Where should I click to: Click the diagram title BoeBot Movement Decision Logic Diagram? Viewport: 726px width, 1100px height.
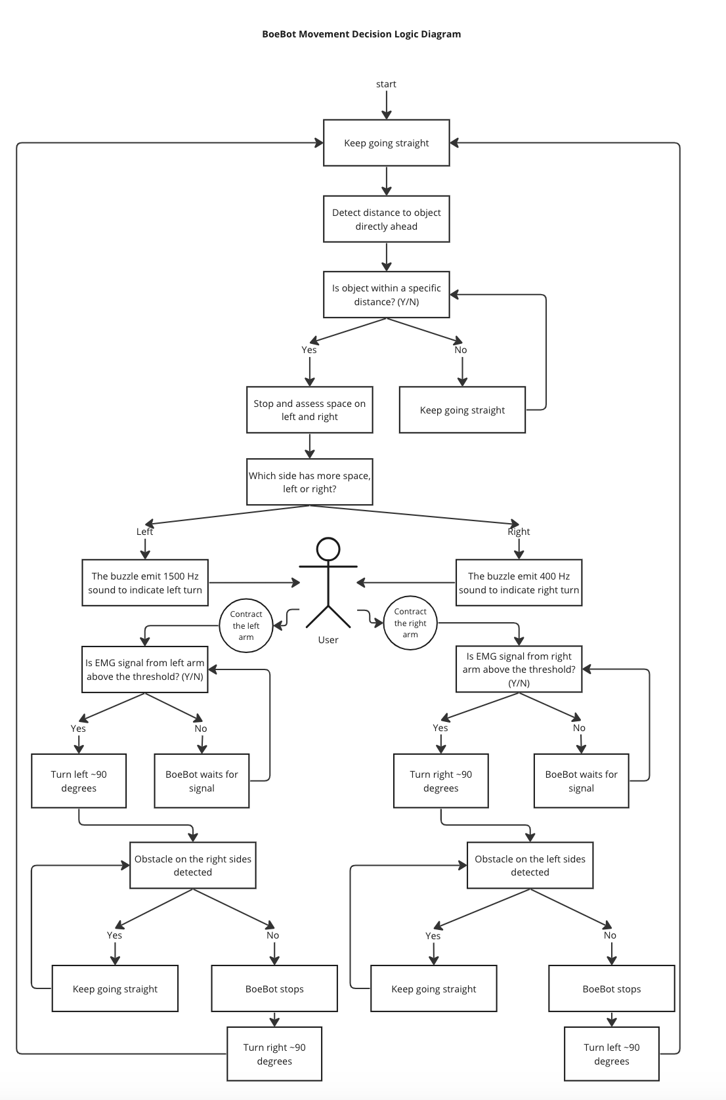tap(361, 34)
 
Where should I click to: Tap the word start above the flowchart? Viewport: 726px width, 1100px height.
tap(386, 84)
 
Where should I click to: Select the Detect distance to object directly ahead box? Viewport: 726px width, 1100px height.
tap(386, 219)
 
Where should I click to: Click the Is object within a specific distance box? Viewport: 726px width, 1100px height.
tap(386, 295)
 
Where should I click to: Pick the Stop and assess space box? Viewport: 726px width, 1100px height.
tap(309, 410)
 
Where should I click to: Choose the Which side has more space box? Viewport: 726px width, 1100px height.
tap(309, 482)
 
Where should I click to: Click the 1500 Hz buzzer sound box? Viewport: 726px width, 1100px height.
tap(145, 582)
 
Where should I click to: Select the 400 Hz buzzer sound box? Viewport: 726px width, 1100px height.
tap(519, 582)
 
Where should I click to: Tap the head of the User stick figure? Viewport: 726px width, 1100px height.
tap(328, 549)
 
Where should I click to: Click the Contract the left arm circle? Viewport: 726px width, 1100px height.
tap(246, 625)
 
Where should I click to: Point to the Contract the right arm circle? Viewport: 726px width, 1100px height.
tap(410, 623)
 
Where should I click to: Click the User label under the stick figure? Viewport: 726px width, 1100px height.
tap(328, 640)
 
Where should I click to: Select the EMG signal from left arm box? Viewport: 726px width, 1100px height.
tap(145, 669)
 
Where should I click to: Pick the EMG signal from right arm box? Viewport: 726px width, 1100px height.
tap(519, 669)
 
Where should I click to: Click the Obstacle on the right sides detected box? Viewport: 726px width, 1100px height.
tap(192, 865)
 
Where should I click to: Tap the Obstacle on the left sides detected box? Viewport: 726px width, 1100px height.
tap(530, 865)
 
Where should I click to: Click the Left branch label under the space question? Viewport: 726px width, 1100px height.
tap(144, 532)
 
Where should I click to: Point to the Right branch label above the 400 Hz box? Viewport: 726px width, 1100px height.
tap(519, 532)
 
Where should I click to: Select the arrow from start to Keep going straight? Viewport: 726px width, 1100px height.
tap(387, 104)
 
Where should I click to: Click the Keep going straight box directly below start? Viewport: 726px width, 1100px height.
tap(386, 143)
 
